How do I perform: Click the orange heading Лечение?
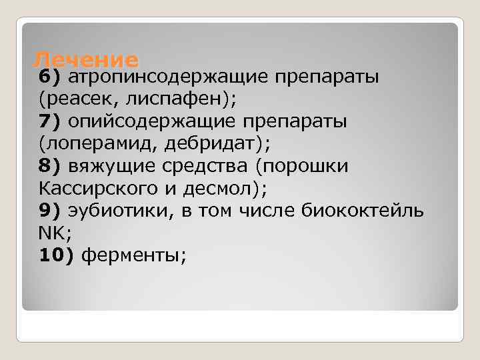pos(85,60)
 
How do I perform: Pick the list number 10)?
pos(55,255)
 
